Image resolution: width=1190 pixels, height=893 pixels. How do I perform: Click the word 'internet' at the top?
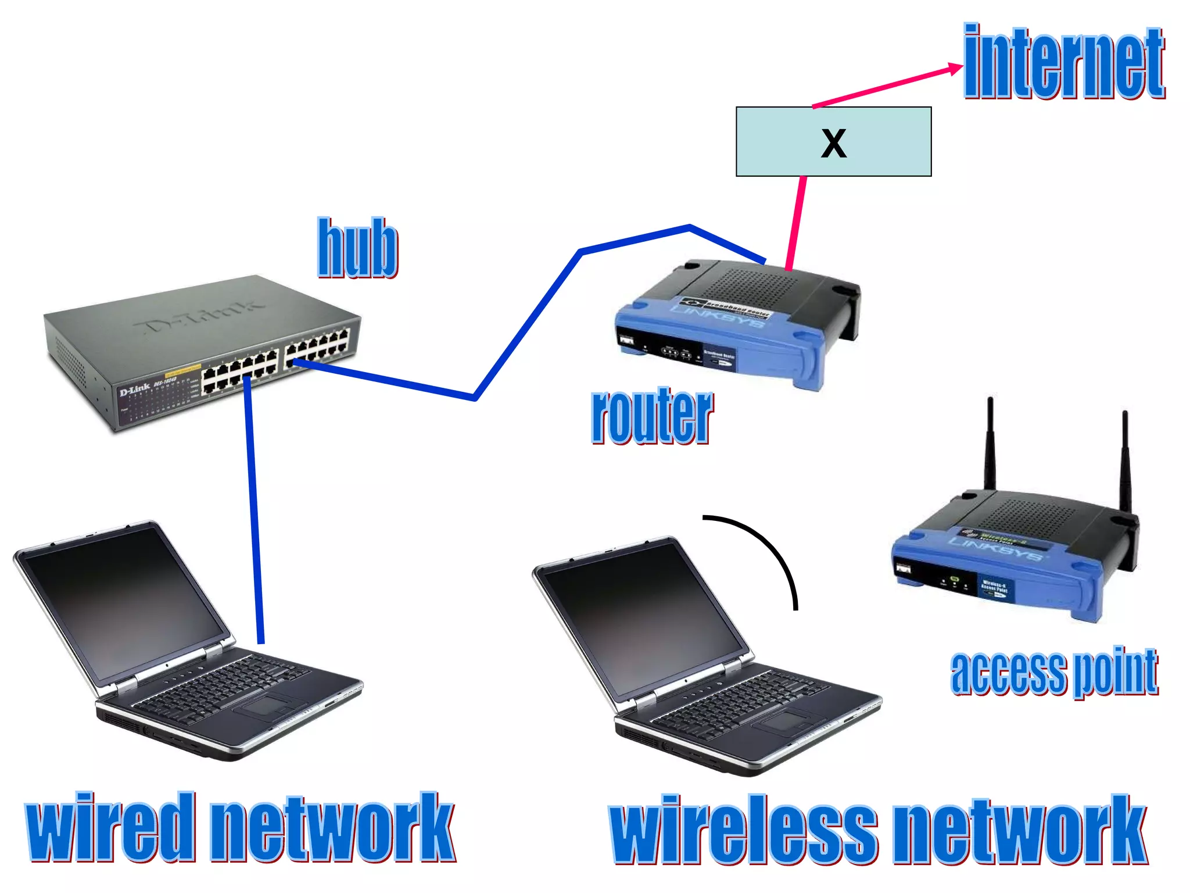click(1063, 63)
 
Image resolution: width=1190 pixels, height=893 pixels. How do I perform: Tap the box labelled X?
click(833, 142)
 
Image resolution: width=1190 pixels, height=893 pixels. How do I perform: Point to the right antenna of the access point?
click(1126, 459)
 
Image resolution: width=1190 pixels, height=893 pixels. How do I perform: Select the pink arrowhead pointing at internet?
click(955, 69)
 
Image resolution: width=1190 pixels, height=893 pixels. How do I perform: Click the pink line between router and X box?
click(795, 224)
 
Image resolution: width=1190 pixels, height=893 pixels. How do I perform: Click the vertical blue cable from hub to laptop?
click(254, 512)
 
